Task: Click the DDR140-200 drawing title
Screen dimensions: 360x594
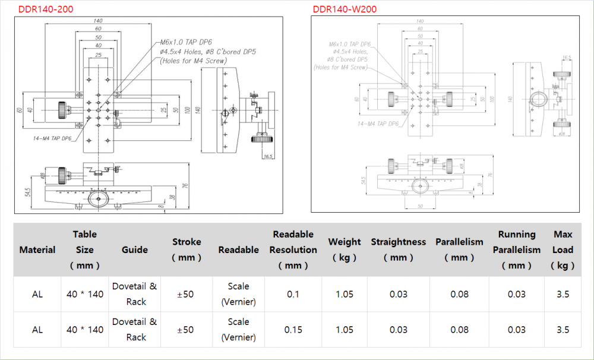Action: pos(46,10)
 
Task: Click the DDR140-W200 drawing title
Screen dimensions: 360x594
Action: pos(345,10)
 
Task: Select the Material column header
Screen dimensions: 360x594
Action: pos(37,250)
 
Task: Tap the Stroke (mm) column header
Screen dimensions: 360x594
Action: pos(187,250)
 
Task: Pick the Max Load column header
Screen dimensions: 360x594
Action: pos(563,250)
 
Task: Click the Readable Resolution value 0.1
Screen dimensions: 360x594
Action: pos(293,294)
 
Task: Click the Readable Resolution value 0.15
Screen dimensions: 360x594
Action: pos(293,330)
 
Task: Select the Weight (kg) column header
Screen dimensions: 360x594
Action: pos(345,250)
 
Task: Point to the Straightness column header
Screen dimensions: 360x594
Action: pos(399,250)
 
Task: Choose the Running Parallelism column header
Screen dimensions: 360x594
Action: pos(516,250)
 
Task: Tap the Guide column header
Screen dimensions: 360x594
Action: pos(135,250)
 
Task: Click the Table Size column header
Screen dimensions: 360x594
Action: pos(85,250)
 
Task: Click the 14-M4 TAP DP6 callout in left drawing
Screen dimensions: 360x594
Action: pos(52,138)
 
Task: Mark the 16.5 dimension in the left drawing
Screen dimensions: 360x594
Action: pos(268,157)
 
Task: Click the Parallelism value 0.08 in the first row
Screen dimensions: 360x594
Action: pos(459,294)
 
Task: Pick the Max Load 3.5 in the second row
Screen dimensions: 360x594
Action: pos(563,330)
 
